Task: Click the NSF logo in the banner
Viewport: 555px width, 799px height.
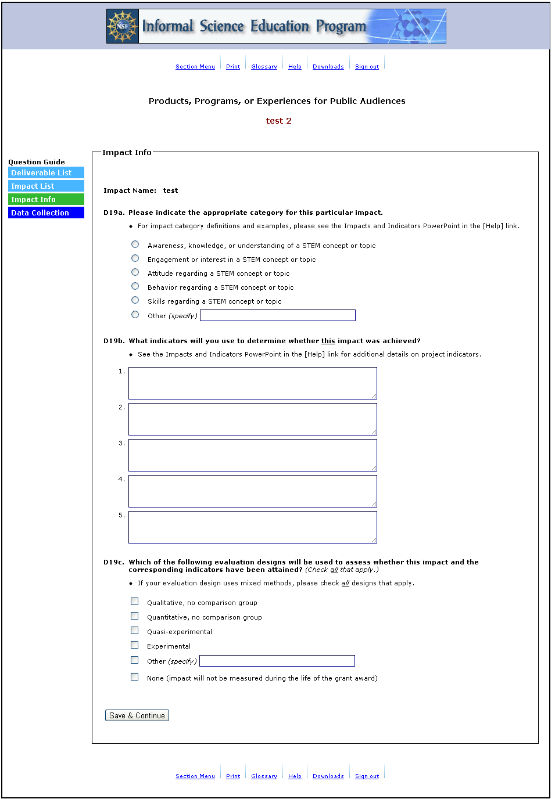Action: pyautogui.click(x=123, y=26)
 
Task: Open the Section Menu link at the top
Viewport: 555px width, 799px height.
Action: pyautogui.click(x=195, y=67)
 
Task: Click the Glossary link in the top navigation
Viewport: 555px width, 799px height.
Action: pyautogui.click(x=264, y=67)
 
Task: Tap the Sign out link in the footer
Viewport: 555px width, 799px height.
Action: pyautogui.click(x=367, y=776)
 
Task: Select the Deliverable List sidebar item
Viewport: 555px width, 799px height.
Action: pyautogui.click(x=46, y=173)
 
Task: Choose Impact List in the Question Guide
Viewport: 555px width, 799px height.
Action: pyautogui.click(x=46, y=186)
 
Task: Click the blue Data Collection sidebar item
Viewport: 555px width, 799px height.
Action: pyautogui.click(x=46, y=213)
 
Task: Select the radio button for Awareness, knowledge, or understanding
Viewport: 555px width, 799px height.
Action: pyautogui.click(x=135, y=244)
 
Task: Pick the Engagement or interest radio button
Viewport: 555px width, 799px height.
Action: pyautogui.click(x=135, y=258)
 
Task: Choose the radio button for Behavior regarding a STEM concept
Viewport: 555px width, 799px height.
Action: pyautogui.click(x=135, y=286)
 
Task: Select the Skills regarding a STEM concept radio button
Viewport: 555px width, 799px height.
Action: pyautogui.click(x=135, y=300)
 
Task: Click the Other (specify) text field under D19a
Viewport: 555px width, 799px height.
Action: pyautogui.click(x=277, y=315)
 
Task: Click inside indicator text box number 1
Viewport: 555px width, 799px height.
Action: pyautogui.click(x=252, y=383)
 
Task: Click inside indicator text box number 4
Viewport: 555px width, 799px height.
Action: pyautogui.click(x=252, y=491)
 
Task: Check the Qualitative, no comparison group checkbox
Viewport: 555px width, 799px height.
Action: pyautogui.click(x=135, y=602)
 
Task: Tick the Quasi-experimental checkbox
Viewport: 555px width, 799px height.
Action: pyautogui.click(x=135, y=631)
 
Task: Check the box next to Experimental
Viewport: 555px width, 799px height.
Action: pyautogui.click(x=135, y=645)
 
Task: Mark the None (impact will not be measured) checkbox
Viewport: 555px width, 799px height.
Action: pyautogui.click(x=135, y=677)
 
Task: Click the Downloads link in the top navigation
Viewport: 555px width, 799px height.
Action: pyautogui.click(x=328, y=67)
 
